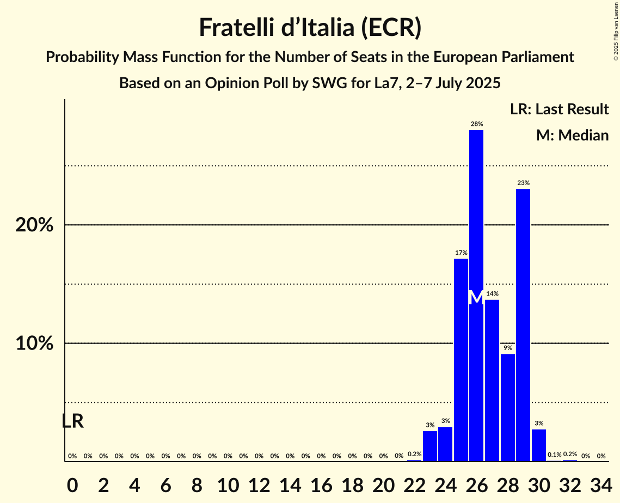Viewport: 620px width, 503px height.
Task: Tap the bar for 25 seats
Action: coord(461,360)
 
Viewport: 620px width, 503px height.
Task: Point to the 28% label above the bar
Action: coord(476,125)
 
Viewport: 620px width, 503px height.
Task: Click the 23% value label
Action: coord(523,183)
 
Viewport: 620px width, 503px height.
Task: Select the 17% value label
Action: coord(461,253)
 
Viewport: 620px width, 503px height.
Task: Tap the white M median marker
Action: coord(476,297)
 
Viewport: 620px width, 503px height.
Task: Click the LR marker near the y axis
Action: coord(72,421)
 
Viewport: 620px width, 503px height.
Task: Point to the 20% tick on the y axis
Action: coord(34,225)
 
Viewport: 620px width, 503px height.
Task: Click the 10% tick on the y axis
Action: coord(34,343)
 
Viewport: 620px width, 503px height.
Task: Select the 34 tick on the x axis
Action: coord(601,483)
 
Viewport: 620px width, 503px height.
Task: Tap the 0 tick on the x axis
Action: coord(72,483)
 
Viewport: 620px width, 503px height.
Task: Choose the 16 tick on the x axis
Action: coord(321,483)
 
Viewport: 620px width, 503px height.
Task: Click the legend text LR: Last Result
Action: coord(559,109)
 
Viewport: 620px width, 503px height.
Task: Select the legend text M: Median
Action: coord(572,135)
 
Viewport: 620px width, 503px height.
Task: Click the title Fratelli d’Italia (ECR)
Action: coord(310,27)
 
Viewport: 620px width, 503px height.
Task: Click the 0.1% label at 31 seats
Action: coord(555,455)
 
